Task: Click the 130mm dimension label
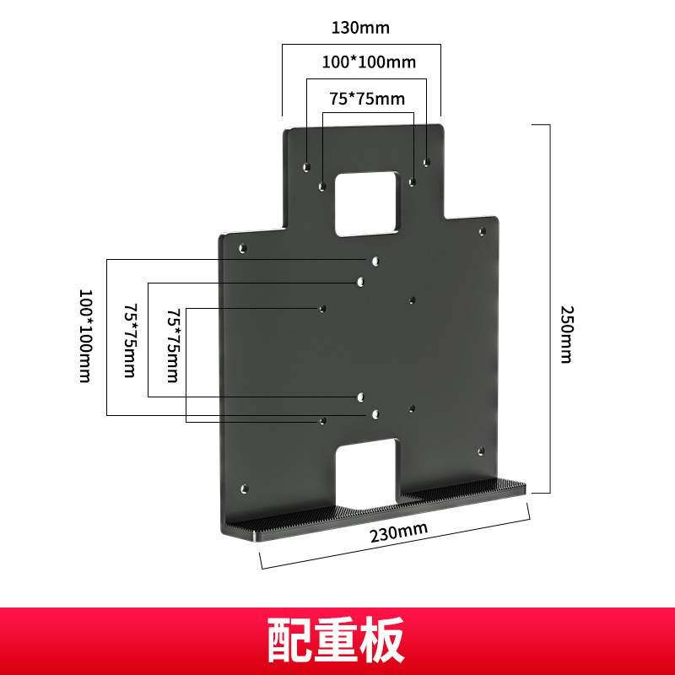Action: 360,27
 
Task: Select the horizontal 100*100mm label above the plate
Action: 369,62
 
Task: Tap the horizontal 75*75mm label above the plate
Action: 367,99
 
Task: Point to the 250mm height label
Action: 566,333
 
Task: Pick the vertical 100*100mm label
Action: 84,336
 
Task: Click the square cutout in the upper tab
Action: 367,203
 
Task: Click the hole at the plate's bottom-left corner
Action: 245,489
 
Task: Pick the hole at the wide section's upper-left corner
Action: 243,249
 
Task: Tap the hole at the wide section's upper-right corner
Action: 483,230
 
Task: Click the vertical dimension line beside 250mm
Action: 550,308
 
